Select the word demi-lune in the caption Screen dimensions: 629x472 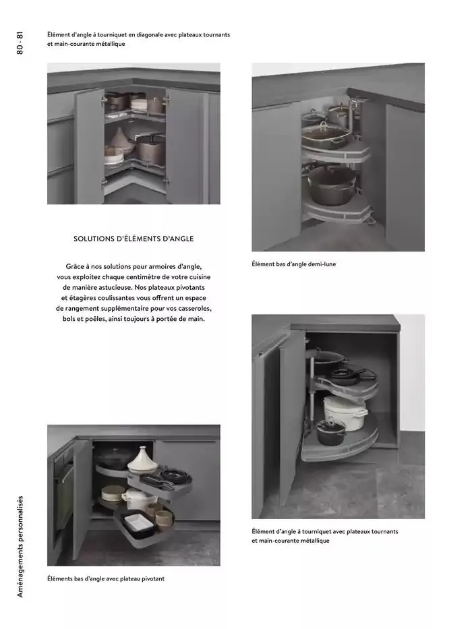click(x=321, y=264)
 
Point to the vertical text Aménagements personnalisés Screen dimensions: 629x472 click(x=20, y=546)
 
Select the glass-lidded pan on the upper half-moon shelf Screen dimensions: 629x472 click(x=324, y=135)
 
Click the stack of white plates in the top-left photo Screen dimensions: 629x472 click(x=139, y=104)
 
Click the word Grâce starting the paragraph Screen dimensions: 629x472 click(x=78, y=267)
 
